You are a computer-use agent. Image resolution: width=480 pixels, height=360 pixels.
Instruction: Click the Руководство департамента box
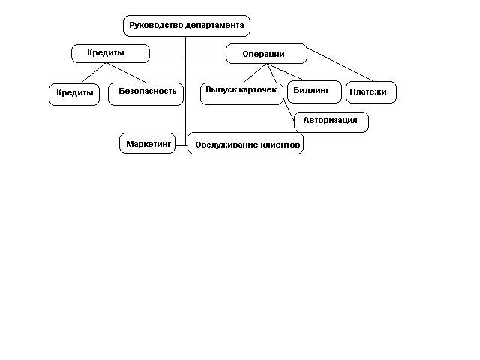(187, 25)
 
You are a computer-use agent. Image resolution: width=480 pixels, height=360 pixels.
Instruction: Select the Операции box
(266, 53)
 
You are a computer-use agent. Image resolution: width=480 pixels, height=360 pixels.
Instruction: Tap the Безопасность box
(145, 94)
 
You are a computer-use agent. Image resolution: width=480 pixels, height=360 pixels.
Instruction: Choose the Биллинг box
(314, 91)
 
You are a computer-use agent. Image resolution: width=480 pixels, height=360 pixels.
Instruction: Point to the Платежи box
(371, 92)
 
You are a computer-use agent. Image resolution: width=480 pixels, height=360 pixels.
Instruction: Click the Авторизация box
(331, 122)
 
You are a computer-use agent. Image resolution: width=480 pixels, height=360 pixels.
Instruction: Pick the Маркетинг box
(147, 143)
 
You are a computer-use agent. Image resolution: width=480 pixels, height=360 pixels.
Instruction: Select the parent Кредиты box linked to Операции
(110, 53)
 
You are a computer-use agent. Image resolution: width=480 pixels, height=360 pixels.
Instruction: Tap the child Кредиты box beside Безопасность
(74, 94)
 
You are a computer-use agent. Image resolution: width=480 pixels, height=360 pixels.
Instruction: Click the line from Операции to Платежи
(340, 64)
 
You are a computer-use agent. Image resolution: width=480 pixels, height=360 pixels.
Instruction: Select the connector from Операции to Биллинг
(286, 72)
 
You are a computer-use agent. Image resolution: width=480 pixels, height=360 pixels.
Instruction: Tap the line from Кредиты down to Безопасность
(126, 73)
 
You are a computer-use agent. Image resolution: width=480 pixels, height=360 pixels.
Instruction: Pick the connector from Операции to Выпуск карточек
(255, 73)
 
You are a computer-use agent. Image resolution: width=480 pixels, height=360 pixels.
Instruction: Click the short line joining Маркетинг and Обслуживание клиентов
(181, 145)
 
